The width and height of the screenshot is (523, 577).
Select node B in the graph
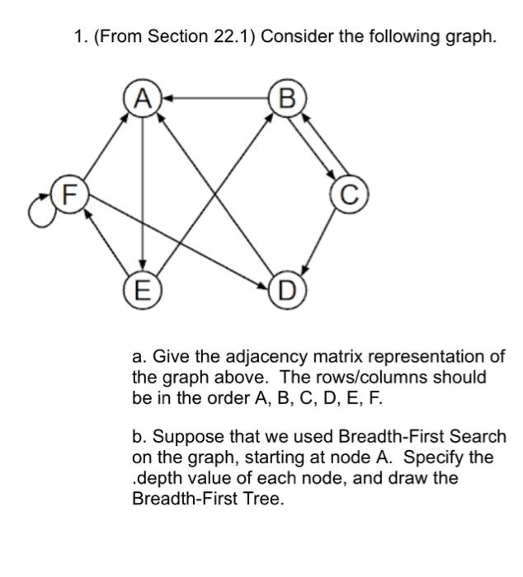click(x=287, y=99)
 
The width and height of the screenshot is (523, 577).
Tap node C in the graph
click(x=350, y=195)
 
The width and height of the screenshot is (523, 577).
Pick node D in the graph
click(x=286, y=290)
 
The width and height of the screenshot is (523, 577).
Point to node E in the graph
click(x=143, y=290)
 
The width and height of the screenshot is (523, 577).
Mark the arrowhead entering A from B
click(x=165, y=99)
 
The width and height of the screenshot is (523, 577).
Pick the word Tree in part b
click(x=264, y=500)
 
